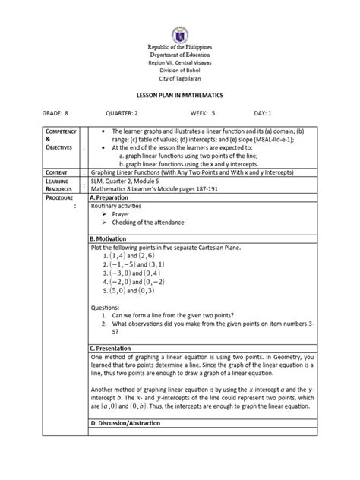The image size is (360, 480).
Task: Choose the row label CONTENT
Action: [47, 173]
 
